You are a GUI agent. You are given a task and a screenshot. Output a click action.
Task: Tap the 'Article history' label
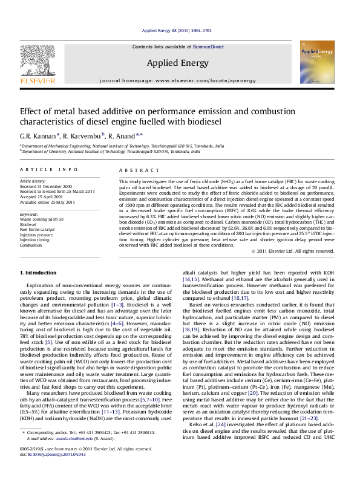(x=33, y=181)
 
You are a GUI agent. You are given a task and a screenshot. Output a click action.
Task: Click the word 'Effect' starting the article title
(x=33, y=111)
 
